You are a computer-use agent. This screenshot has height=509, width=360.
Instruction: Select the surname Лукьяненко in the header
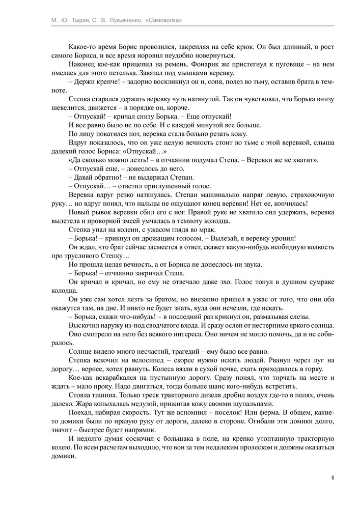pyautogui.click(x=127, y=20)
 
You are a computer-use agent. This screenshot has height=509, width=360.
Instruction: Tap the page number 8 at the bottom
pyautogui.click(x=332, y=477)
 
